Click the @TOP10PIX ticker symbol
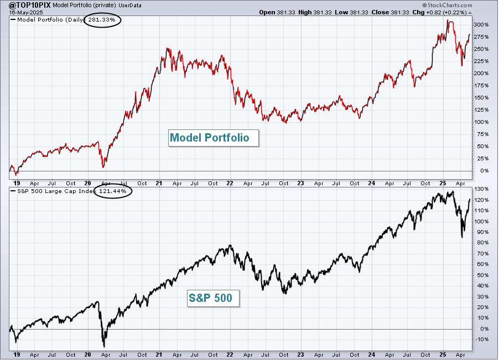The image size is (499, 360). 29,5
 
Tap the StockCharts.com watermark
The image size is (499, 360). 448,5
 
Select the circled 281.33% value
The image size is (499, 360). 102,20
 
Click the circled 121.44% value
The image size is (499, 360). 113,191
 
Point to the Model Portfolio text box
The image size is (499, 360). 214,138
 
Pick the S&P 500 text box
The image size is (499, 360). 213,298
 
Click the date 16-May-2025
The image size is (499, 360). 26,13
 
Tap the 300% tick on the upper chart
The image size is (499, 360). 481,24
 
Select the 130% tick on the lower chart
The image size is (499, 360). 481,189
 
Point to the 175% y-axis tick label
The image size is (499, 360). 481,86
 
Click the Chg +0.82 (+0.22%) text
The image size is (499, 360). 439,12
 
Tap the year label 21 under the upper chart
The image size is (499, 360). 159,183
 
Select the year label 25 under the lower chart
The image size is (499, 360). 443,354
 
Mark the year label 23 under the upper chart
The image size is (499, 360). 300,183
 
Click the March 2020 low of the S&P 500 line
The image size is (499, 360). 104,347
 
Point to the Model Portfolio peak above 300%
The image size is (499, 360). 448,20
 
